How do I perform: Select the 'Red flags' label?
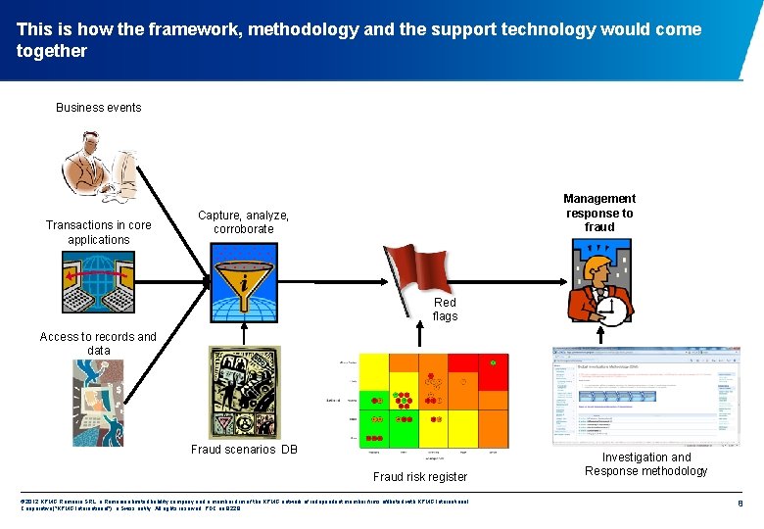pyautogui.click(x=445, y=310)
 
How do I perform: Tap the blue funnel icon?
pyautogui.click(x=243, y=278)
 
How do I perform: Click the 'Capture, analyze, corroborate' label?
pyautogui.click(x=243, y=222)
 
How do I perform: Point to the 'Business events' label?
pyautogui.click(x=99, y=108)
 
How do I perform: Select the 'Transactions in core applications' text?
pyautogui.click(x=99, y=232)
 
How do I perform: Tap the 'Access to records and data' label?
pyautogui.click(x=98, y=344)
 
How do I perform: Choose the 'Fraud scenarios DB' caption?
pyautogui.click(x=244, y=450)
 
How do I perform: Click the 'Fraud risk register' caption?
pyautogui.click(x=420, y=477)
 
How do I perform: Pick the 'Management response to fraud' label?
pyautogui.click(x=599, y=213)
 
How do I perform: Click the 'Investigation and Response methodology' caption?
pyautogui.click(x=646, y=464)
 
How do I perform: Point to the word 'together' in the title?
pyautogui.click(x=52, y=51)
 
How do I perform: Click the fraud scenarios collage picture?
pyautogui.click(x=244, y=392)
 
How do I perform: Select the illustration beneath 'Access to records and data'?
pyautogui.click(x=98, y=402)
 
